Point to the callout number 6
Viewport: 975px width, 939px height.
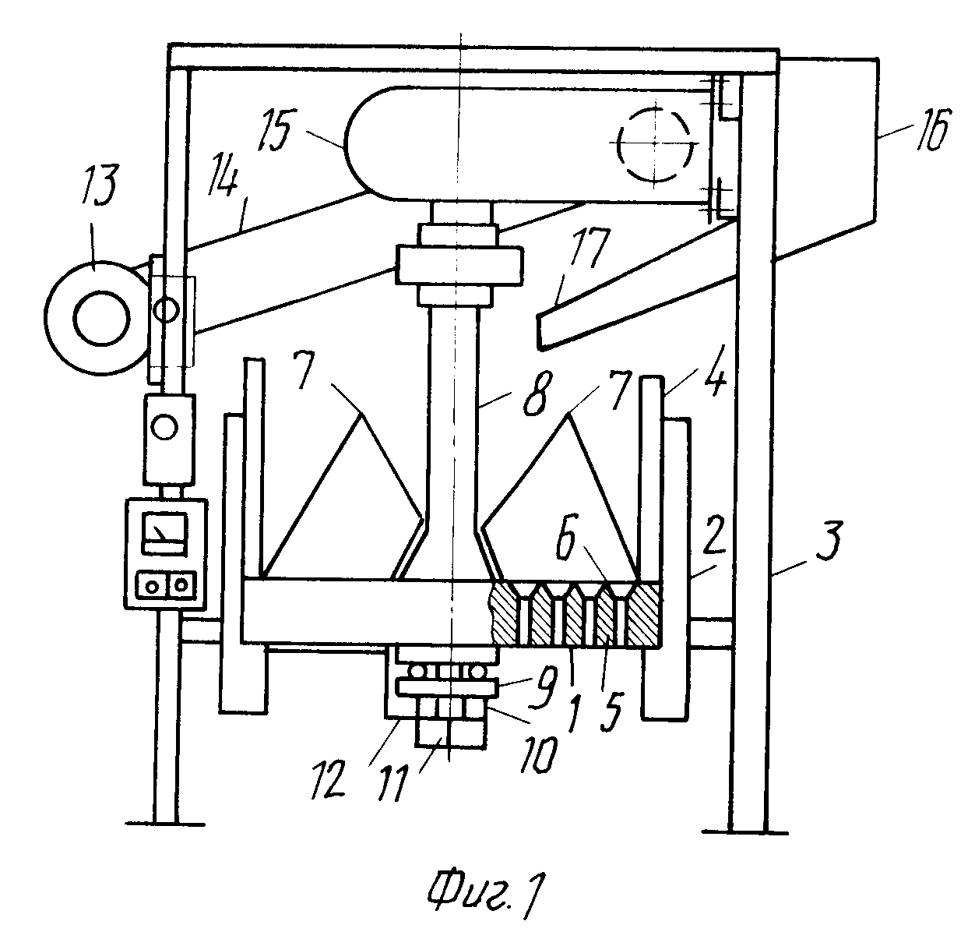(567, 536)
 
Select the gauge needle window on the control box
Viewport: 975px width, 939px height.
(164, 534)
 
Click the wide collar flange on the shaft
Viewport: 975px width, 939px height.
(459, 265)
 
